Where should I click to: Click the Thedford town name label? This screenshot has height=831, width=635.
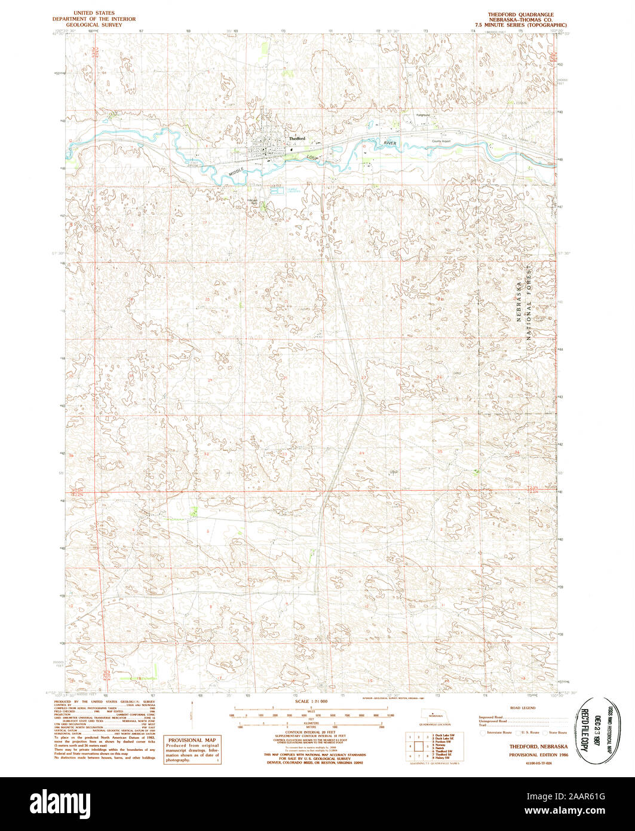pyautogui.click(x=297, y=139)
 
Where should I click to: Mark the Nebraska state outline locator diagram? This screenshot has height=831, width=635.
pyautogui.click(x=438, y=714)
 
